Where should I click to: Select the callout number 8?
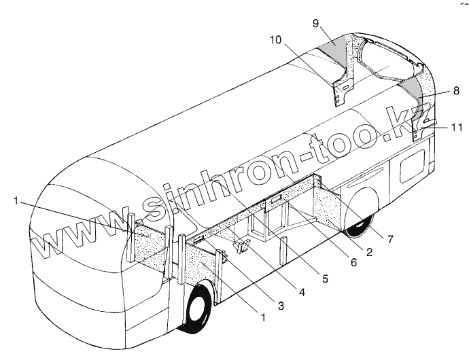click(x=438, y=90)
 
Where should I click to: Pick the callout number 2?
click(x=368, y=253)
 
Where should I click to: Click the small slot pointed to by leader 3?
click(x=198, y=240)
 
